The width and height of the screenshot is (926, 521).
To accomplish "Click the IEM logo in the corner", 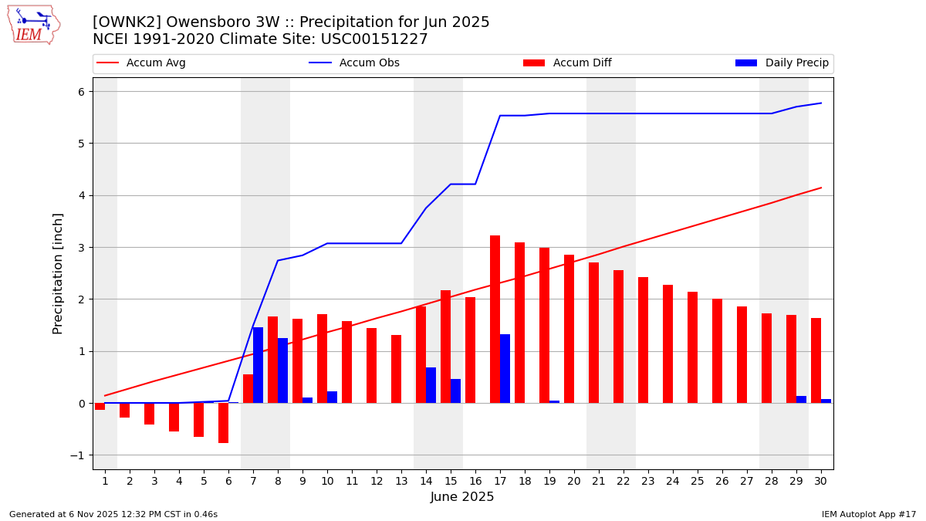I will click(33, 24).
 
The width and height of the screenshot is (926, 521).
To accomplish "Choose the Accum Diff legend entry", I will click(567, 63).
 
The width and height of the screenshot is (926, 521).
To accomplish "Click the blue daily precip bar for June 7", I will click(258, 365).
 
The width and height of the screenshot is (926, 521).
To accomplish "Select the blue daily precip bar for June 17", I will click(505, 368).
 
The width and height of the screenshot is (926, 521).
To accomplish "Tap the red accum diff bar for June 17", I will click(495, 319).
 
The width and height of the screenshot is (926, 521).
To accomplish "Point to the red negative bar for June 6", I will click(224, 423).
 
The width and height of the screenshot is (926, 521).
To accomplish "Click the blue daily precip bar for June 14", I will click(431, 385).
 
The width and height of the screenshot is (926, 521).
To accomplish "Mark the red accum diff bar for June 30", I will click(816, 360).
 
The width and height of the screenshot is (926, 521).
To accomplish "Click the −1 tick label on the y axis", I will click(81, 455).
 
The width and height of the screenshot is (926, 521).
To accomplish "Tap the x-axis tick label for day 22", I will click(624, 481).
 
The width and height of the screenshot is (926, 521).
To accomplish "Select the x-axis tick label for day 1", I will click(105, 481).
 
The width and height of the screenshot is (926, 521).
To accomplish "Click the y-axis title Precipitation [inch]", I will click(58, 273).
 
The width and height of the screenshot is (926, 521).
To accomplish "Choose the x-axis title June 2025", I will click(462, 497).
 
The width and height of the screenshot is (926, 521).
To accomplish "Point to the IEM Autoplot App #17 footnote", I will click(869, 514).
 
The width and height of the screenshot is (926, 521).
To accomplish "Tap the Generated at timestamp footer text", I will click(113, 514).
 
